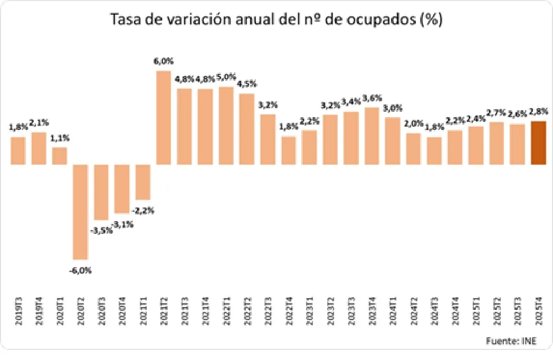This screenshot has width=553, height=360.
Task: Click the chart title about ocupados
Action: point(276,20)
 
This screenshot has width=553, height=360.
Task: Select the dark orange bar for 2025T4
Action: point(538,143)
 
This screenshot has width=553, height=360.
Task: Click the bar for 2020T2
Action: point(81,211)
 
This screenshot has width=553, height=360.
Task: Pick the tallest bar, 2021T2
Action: point(164,117)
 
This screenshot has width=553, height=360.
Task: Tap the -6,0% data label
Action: point(80,271)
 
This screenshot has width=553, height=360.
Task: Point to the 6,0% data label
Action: point(163,61)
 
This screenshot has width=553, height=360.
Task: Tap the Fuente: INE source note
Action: point(511,341)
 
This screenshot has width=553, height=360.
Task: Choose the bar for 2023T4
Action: point(372,136)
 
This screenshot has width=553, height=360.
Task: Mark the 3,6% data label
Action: point(372,98)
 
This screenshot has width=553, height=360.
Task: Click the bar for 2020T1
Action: point(60,156)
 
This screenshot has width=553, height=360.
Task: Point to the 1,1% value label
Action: point(60,138)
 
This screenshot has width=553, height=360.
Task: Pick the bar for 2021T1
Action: point(143,182)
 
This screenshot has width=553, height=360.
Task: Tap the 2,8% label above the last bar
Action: point(538,111)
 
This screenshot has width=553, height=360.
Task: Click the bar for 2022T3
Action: point(268,139)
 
